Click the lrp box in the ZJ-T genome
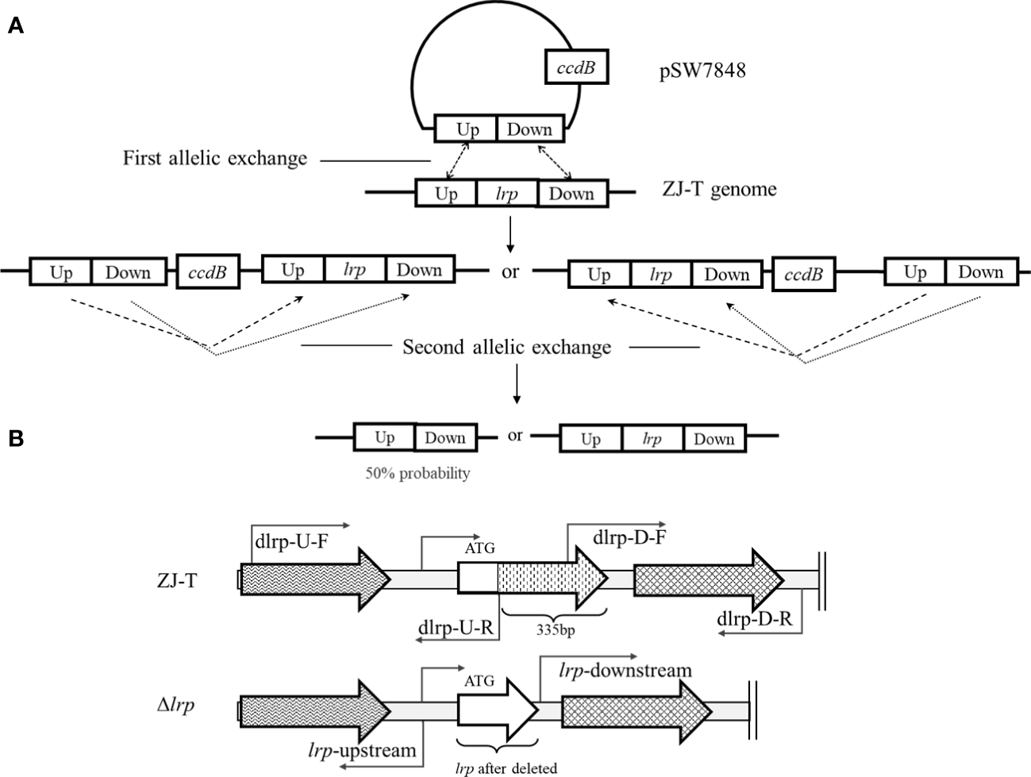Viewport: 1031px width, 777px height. point(506,194)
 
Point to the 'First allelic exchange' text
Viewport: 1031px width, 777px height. point(214,158)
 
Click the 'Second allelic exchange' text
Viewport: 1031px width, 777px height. point(507,347)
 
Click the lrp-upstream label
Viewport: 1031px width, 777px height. point(362,748)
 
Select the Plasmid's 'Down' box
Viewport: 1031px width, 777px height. point(529,129)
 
